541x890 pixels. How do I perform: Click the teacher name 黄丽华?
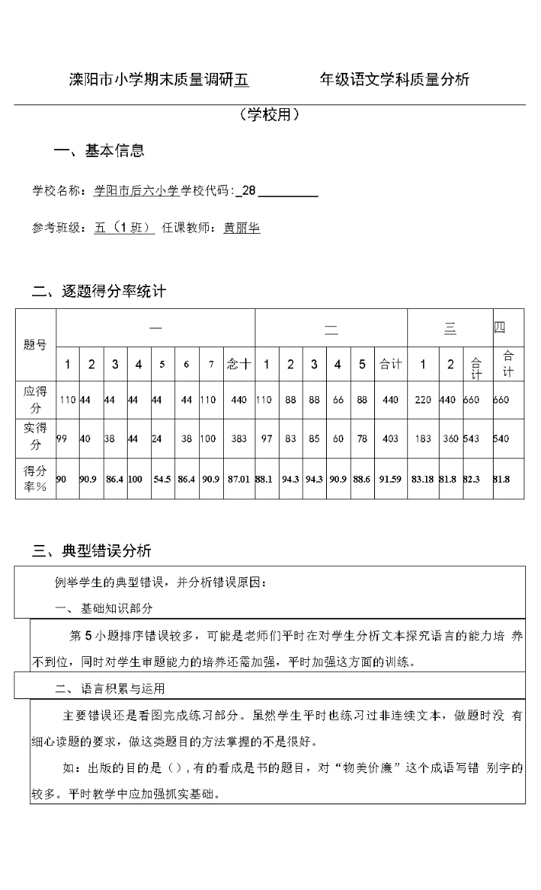[x=242, y=228]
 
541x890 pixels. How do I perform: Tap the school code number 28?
[x=248, y=191]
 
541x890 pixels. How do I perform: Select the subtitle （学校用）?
[x=270, y=114]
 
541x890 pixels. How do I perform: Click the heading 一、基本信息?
[x=99, y=150]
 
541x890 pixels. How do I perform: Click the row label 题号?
[x=35, y=345]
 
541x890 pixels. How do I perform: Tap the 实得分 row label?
[x=35, y=436]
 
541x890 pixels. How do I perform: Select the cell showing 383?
[x=240, y=437]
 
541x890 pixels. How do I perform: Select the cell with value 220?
[x=423, y=400]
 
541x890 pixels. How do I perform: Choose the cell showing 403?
[x=390, y=437]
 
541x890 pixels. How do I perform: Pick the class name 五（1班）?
[x=124, y=228]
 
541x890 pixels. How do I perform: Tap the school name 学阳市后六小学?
[x=136, y=191]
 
